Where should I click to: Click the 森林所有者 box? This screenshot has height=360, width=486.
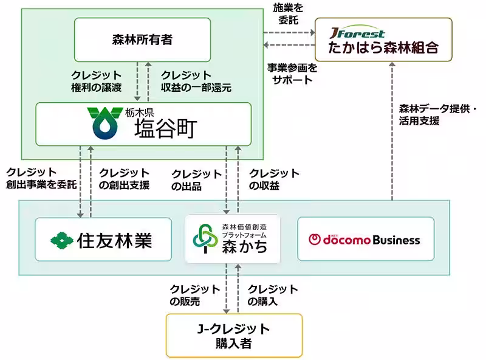(x=142, y=40)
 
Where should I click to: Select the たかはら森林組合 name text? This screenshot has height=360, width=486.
(x=383, y=48)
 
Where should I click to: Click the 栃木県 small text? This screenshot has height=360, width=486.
(x=140, y=112)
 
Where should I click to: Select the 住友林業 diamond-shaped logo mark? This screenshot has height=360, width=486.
(x=61, y=240)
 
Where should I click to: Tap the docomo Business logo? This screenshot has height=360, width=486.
(x=364, y=240)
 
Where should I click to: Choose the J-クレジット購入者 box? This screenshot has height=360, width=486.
(x=234, y=336)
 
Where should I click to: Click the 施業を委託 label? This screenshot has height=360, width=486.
(x=287, y=14)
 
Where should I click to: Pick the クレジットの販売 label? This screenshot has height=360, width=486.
(x=194, y=294)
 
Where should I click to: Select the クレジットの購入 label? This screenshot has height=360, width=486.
(x=273, y=294)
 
